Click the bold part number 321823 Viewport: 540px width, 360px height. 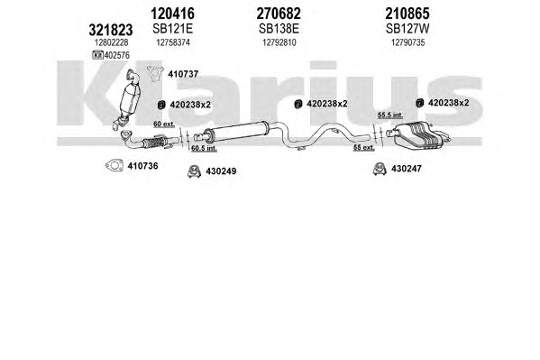pyautogui.click(x=111, y=30)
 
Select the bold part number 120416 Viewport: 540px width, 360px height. pyautogui.click(x=172, y=14)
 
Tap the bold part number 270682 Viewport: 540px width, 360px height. pyautogui.click(x=279, y=14)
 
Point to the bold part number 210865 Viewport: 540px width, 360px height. pyautogui.click(x=407, y=14)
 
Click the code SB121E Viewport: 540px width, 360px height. pyautogui.click(x=172, y=29)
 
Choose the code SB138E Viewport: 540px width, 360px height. pyautogui.click(x=279, y=29)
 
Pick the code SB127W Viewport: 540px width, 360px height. pyautogui.click(x=407, y=29)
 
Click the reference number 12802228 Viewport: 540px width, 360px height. pyautogui.click(x=111, y=42)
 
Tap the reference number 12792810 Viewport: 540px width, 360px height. pyautogui.click(x=279, y=42)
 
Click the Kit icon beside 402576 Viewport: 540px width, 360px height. pyautogui.click(x=97, y=55)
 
